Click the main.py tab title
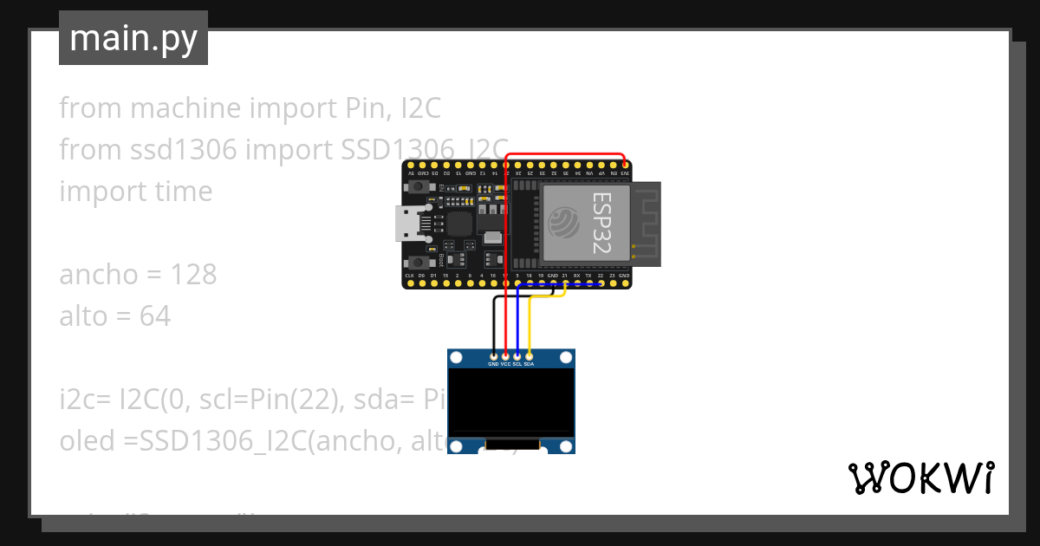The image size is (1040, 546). pyautogui.click(x=133, y=38)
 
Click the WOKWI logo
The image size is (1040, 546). pyautogui.click(x=920, y=478)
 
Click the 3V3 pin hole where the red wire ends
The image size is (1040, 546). pyautogui.click(x=625, y=165)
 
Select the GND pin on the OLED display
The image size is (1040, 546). pyautogui.click(x=494, y=355)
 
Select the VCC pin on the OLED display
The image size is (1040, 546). pyautogui.click(x=505, y=355)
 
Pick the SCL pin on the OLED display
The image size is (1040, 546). pyautogui.click(x=517, y=355)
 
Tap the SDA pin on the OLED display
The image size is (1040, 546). pyautogui.click(x=529, y=355)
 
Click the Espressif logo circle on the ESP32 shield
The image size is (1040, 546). pyautogui.click(x=565, y=223)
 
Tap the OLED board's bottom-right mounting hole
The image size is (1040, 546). pyautogui.click(x=566, y=445)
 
